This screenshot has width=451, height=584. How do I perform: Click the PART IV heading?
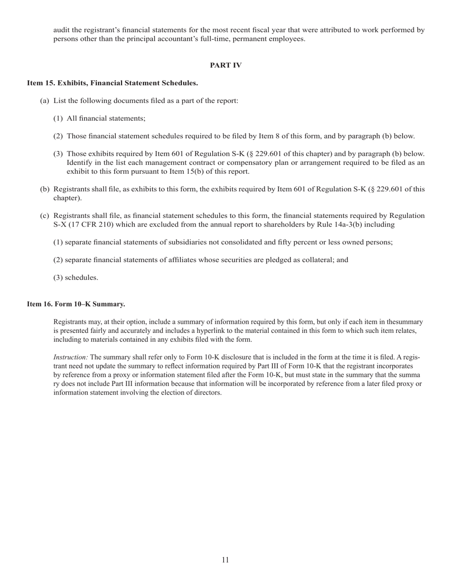click(225, 66)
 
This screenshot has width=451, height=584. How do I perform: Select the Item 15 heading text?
click(113, 83)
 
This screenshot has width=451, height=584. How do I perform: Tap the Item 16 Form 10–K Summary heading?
click(76, 304)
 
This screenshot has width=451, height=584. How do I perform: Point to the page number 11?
click(225, 560)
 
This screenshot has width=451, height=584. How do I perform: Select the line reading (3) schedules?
click(76, 278)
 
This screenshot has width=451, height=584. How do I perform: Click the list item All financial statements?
click(106, 119)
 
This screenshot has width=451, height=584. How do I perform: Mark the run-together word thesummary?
click(404, 321)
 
